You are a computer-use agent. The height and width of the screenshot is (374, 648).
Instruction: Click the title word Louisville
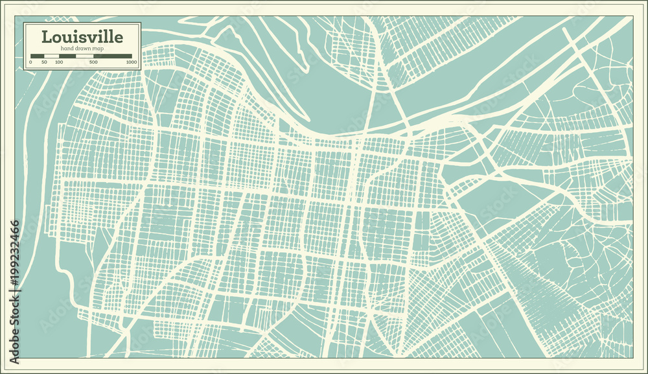click(82, 36)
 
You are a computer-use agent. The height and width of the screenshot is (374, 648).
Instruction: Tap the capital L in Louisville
click(47, 36)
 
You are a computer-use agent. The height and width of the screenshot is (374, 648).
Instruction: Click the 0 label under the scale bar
click(30, 62)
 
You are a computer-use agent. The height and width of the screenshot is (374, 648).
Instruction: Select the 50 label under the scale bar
click(44, 62)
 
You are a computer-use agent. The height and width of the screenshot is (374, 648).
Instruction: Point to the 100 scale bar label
click(59, 62)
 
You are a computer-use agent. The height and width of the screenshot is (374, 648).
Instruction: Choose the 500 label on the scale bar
click(93, 62)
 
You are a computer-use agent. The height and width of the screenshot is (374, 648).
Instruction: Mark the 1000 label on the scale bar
click(132, 62)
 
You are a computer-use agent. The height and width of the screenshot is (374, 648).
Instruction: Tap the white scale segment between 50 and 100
click(51, 56)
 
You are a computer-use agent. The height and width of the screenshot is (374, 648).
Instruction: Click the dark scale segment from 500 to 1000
click(113, 56)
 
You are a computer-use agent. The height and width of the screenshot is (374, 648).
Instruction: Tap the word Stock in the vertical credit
click(14, 318)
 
